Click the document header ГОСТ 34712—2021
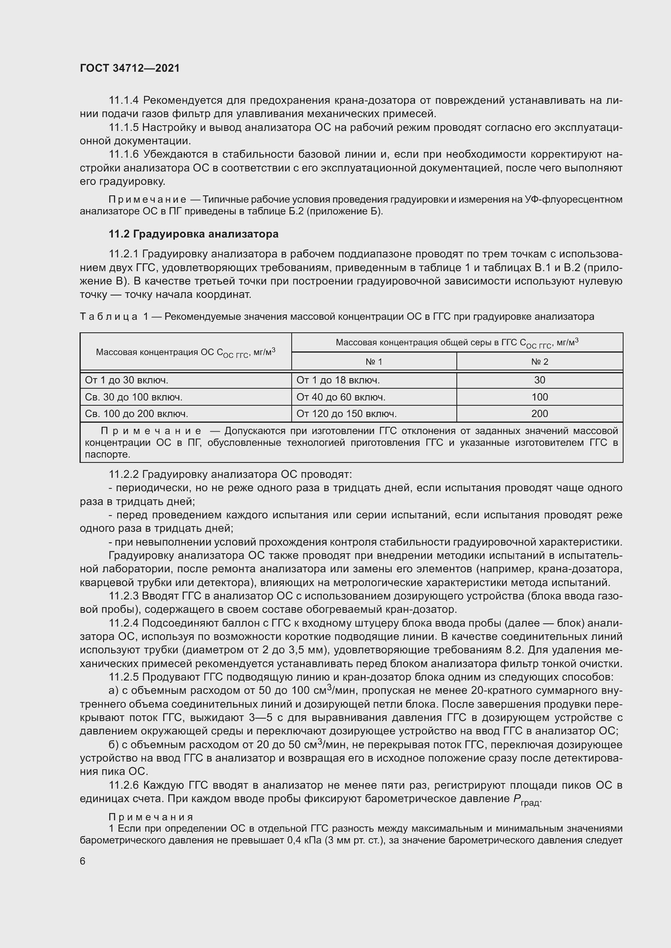pyautogui.click(x=130, y=68)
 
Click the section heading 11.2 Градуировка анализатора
pyautogui.click(x=194, y=234)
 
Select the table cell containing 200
pyautogui.click(x=539, y=414)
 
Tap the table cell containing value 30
pyautogui.click(x=539, y=380)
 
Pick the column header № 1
pyautogui.click(x=374, y=362)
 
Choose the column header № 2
pyautogui.click(x=539, y=362)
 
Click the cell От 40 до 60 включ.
pyautogui.click(x=340, y=397)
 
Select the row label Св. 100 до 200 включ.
pyautogui.click(x=136, y=414)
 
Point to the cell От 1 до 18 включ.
pyautogui.click(x=338, y=380)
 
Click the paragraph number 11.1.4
pyautogui.click(x=124, y=101)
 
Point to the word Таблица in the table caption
pyautogui.click(x=109, y=317)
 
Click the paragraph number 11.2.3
pyautogui.click(x=124, y=596)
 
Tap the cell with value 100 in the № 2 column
pyautogui.click(x=539, y=397)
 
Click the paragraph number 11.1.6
pyautogui.click(x=124, y=154)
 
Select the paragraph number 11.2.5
pyautogui.click(x=124, y=677)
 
